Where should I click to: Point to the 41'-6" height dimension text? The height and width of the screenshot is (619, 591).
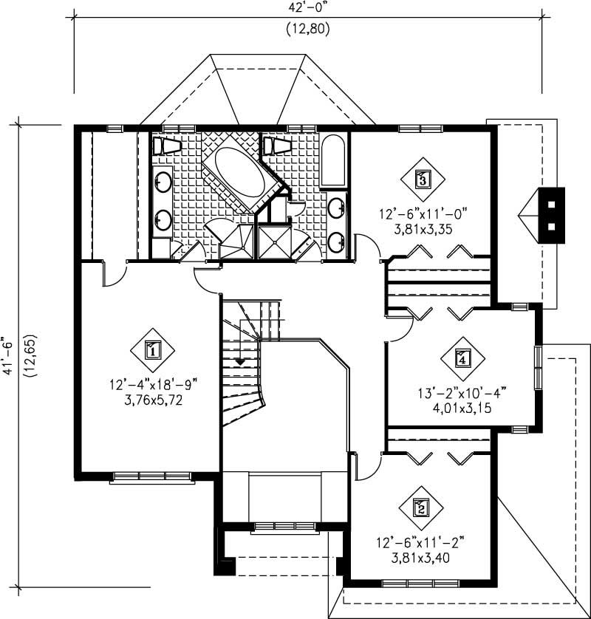(x=10, y=355)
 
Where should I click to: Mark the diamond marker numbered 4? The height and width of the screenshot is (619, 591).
(x=463, y=359)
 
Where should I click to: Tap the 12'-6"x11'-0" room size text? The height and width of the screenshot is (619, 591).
(x=423, y=214)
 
